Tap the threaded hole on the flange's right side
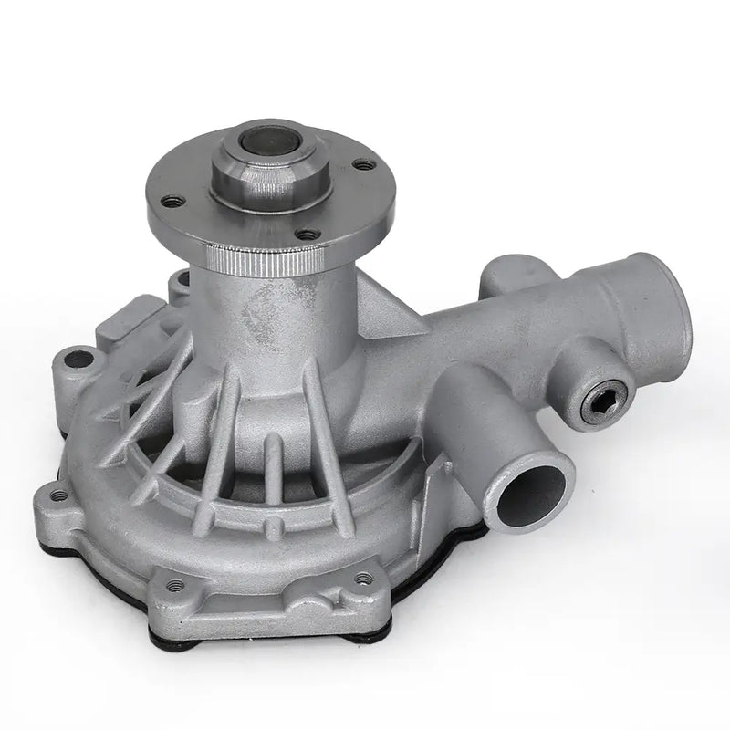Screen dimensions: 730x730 [x=363, y=165]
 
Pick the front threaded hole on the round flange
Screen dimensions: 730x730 [x=308, y=235]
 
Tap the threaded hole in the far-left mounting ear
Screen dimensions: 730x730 [x=59, y=495]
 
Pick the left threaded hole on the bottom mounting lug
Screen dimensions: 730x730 [x=175, y=584]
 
